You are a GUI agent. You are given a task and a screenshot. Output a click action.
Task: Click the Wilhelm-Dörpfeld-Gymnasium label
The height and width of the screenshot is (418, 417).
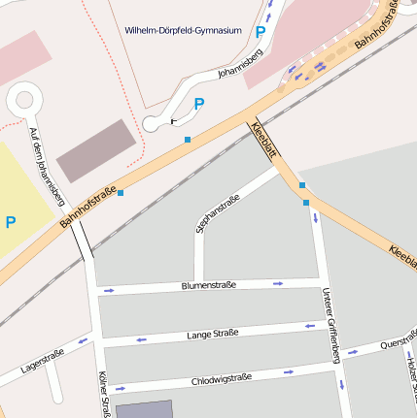tap(184, 31)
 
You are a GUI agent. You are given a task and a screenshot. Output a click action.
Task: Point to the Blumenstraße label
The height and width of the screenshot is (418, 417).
tap(209, 286)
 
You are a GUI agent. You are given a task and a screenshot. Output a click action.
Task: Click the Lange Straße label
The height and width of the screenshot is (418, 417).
tap(213, 335)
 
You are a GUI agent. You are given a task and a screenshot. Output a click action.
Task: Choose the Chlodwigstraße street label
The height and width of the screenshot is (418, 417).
tap(222, 378)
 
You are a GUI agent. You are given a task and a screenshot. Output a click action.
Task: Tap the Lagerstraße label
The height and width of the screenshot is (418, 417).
tap(42, 362)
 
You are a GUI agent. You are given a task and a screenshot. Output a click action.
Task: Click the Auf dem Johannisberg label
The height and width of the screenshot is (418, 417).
tap(47, 167)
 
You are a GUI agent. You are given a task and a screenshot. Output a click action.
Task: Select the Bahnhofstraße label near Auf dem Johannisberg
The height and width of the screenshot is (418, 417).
tap(88, 206)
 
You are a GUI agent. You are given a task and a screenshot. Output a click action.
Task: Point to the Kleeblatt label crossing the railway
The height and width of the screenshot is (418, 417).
tap(263, 142)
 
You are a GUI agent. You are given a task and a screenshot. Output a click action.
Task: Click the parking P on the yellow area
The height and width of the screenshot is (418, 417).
tap(11, 222)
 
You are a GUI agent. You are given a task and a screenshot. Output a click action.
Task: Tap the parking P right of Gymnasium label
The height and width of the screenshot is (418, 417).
tap(260, 32)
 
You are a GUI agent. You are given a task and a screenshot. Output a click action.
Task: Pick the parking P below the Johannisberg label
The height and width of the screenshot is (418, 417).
tap(199, 104)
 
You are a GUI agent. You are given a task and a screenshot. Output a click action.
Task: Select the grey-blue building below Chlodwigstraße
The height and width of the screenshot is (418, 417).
tap(144, 408)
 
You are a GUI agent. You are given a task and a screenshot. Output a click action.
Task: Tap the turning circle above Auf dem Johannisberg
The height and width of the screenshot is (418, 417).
tap(23, 99)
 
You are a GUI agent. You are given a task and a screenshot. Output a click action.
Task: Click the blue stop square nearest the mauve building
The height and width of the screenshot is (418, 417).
tap(121, 193)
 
